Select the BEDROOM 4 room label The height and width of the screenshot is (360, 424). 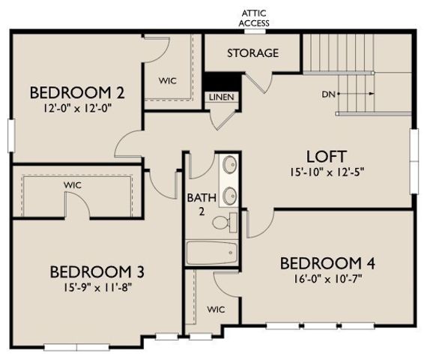pos(327,263)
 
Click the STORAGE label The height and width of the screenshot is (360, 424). pos(252,53)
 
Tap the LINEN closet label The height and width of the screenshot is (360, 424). pos(220,97)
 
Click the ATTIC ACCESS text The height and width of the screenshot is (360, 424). pos(254,18)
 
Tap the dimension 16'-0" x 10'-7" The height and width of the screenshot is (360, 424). pos(327,278)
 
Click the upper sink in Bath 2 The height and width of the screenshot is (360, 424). pos(229,164)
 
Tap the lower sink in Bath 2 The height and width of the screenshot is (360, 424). pos(229,195)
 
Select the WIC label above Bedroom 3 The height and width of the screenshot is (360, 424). pos(73,184)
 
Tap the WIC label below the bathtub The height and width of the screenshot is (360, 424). pos(216,309)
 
